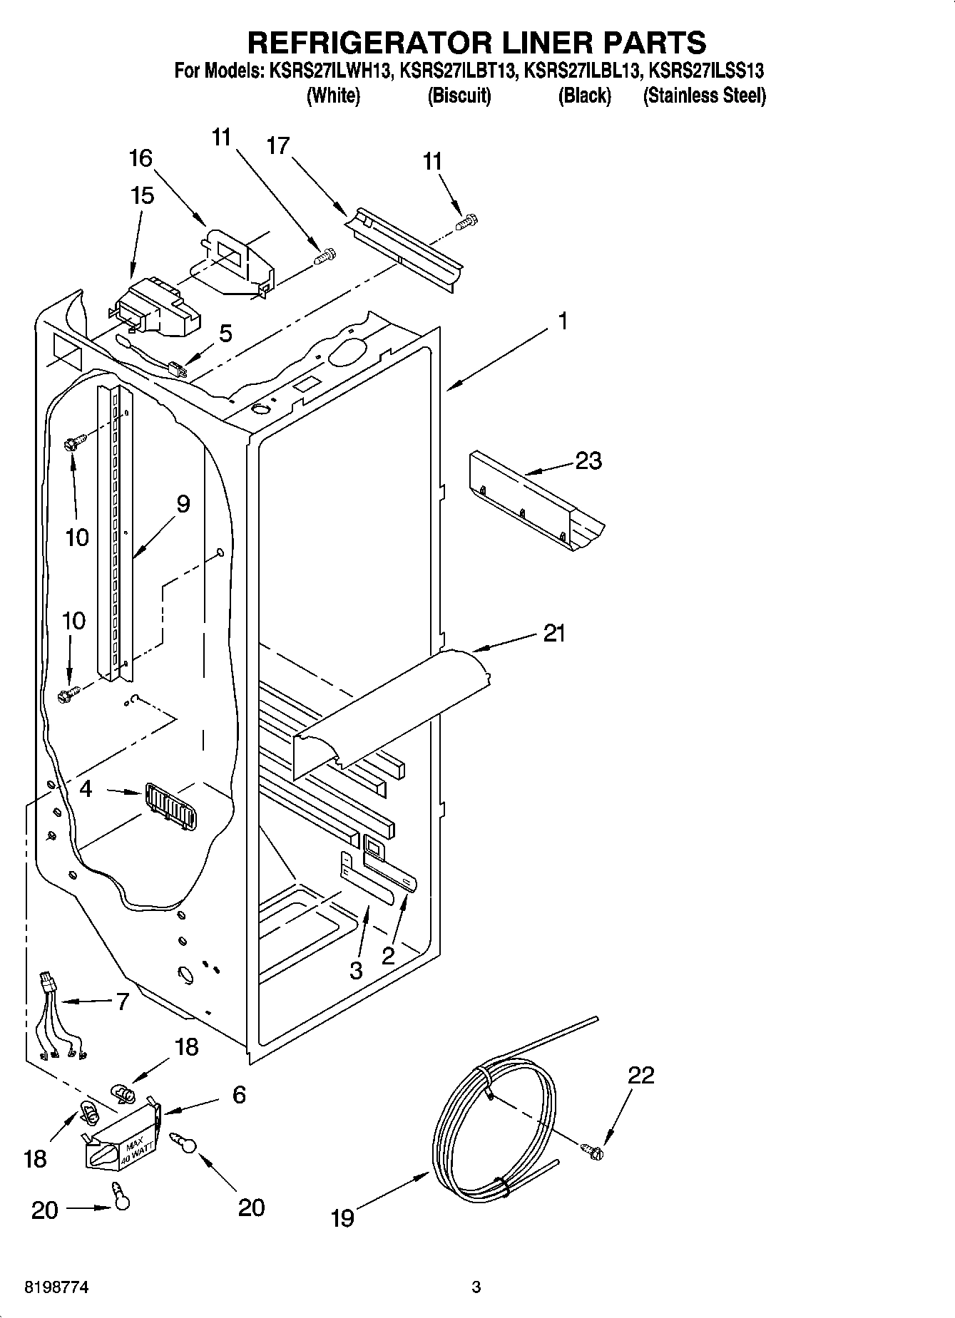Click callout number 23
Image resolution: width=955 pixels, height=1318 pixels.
(x=588, y=461)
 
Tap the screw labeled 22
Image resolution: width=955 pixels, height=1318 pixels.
(x=592, y=1149)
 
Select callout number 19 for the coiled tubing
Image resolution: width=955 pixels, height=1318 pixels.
(x=342, y=1217)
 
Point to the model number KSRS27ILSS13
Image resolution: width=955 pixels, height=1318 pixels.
(x=706, y=71)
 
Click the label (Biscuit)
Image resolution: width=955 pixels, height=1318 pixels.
(x=459, y=96)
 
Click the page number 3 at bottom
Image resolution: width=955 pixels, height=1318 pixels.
(x=476, y=1287)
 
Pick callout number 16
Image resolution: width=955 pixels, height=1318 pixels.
(x=141, y=158)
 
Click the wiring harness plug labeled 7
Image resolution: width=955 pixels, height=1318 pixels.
(x=48, y=983)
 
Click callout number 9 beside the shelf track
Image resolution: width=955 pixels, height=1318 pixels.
(x=183, y=504)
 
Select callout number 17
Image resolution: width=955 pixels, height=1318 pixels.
(x=278, y=146)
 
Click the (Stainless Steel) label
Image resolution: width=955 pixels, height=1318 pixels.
(x=704, y=96)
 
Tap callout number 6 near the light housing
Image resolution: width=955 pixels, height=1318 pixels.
(x=239, y=1094)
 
